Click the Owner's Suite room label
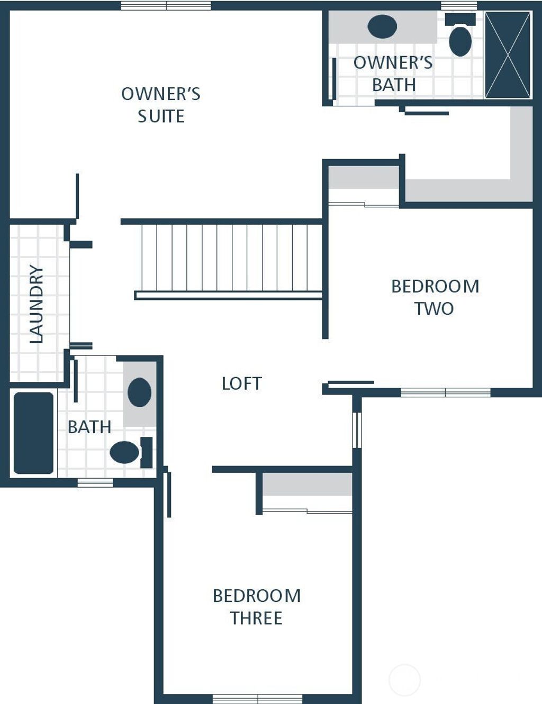click(161, 105)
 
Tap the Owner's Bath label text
click(393, 74)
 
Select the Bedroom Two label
click(435, 297)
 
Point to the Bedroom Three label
click(257, 607)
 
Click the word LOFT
click(242, 383)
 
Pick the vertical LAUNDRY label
click(36, 304)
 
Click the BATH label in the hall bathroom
click(89, 427)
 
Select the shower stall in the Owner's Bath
click(508, 55)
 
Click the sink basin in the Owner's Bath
click(382, 26)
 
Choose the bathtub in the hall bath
click(33, 433)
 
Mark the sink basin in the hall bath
click(139, 392)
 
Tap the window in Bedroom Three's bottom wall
click(257, 699)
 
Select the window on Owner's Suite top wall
click(166, 6)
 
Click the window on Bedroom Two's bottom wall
click(445, 392)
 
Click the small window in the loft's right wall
click(357, 429)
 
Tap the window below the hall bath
click(95, 482)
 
